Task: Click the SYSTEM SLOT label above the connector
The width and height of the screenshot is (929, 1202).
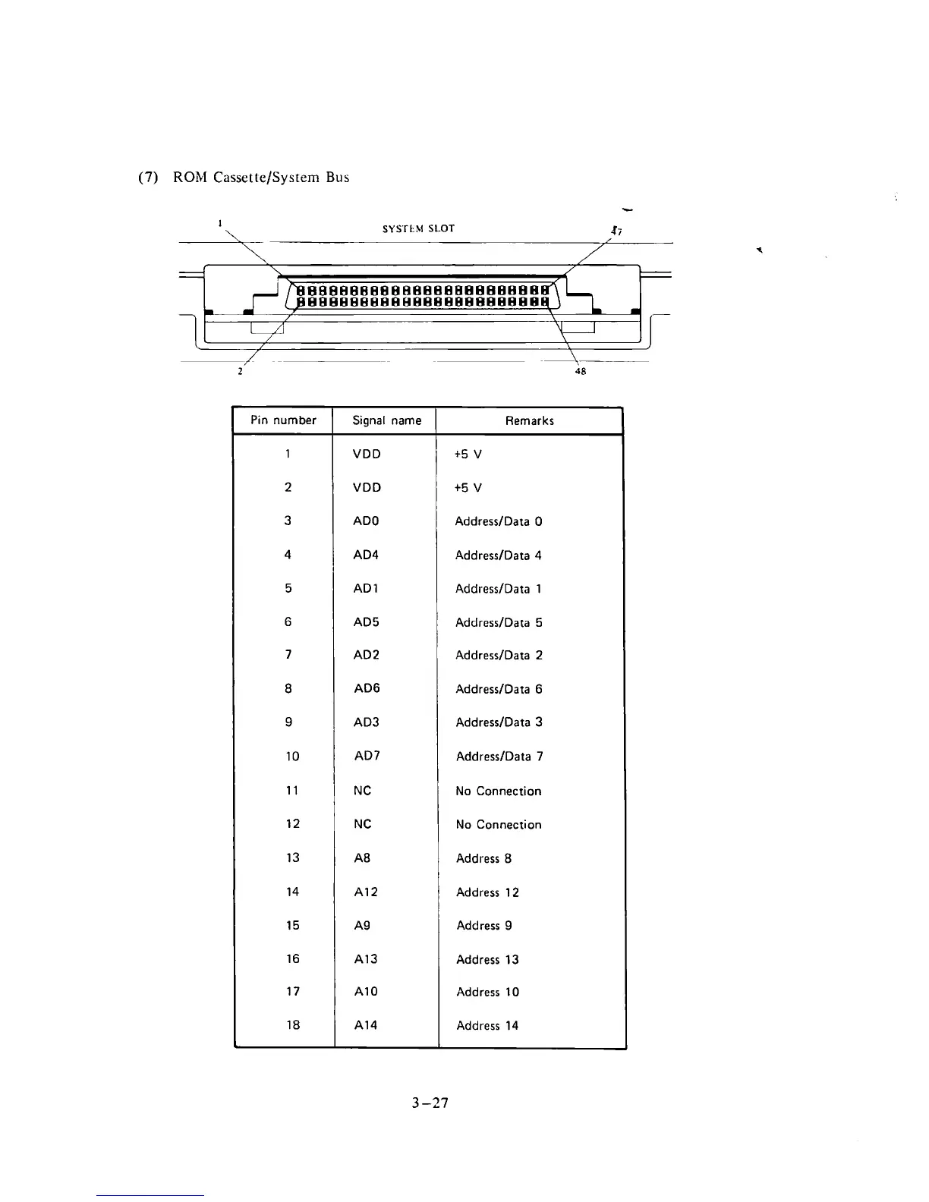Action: (418, 228)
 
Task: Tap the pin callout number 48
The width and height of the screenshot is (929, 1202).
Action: (581, 371)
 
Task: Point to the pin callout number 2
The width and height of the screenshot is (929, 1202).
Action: (240, 371)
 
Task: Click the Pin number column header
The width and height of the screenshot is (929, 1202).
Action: (284, 420)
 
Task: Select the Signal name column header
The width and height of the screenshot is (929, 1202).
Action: (387, 420)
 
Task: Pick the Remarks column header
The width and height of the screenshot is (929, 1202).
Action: (530, 420)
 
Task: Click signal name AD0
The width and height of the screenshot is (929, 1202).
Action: (366, 521)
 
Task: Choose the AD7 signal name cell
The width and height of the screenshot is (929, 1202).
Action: (367, 756)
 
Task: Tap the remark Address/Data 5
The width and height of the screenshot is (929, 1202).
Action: (499, 622)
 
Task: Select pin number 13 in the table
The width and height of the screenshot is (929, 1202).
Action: (292, 857)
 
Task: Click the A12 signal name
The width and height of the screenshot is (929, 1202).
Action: (366, 892)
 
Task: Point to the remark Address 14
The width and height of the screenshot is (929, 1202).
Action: (487, 1025)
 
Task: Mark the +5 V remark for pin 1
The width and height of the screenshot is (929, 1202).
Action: (468, 455)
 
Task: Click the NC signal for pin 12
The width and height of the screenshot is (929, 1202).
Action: (362, 824)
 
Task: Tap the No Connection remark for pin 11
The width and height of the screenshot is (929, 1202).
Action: (498, 791)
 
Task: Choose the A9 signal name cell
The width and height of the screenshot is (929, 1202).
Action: (362, 925)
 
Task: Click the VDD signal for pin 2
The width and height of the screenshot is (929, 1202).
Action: (367, 487)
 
